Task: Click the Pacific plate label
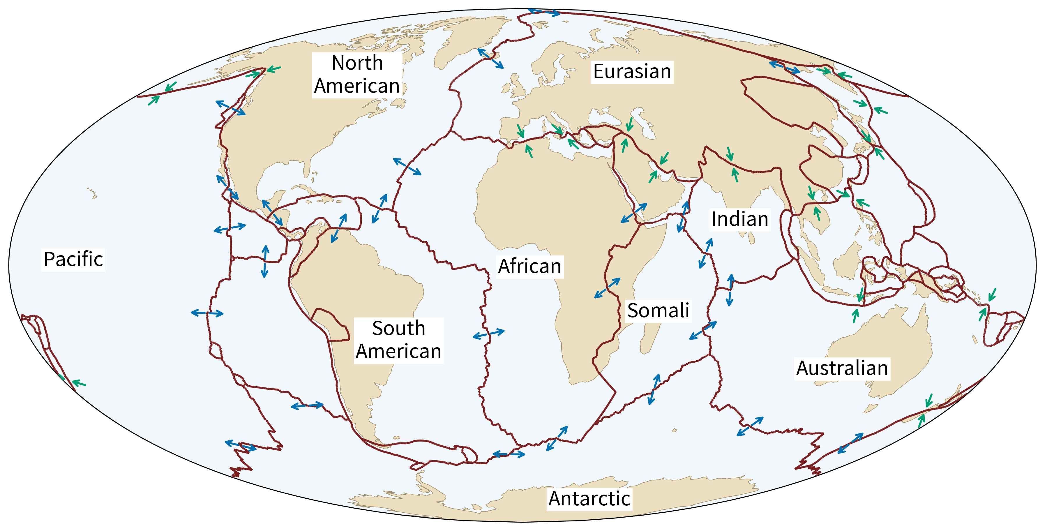73,260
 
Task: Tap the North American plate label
357,75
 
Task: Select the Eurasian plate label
632,72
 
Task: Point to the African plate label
530,267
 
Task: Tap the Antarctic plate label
589,499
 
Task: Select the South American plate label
398,340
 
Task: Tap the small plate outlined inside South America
331,324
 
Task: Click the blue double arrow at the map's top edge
543,12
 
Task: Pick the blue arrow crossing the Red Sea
634,213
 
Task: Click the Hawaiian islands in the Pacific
93,193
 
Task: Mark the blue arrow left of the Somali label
607,288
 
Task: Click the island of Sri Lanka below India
751,237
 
